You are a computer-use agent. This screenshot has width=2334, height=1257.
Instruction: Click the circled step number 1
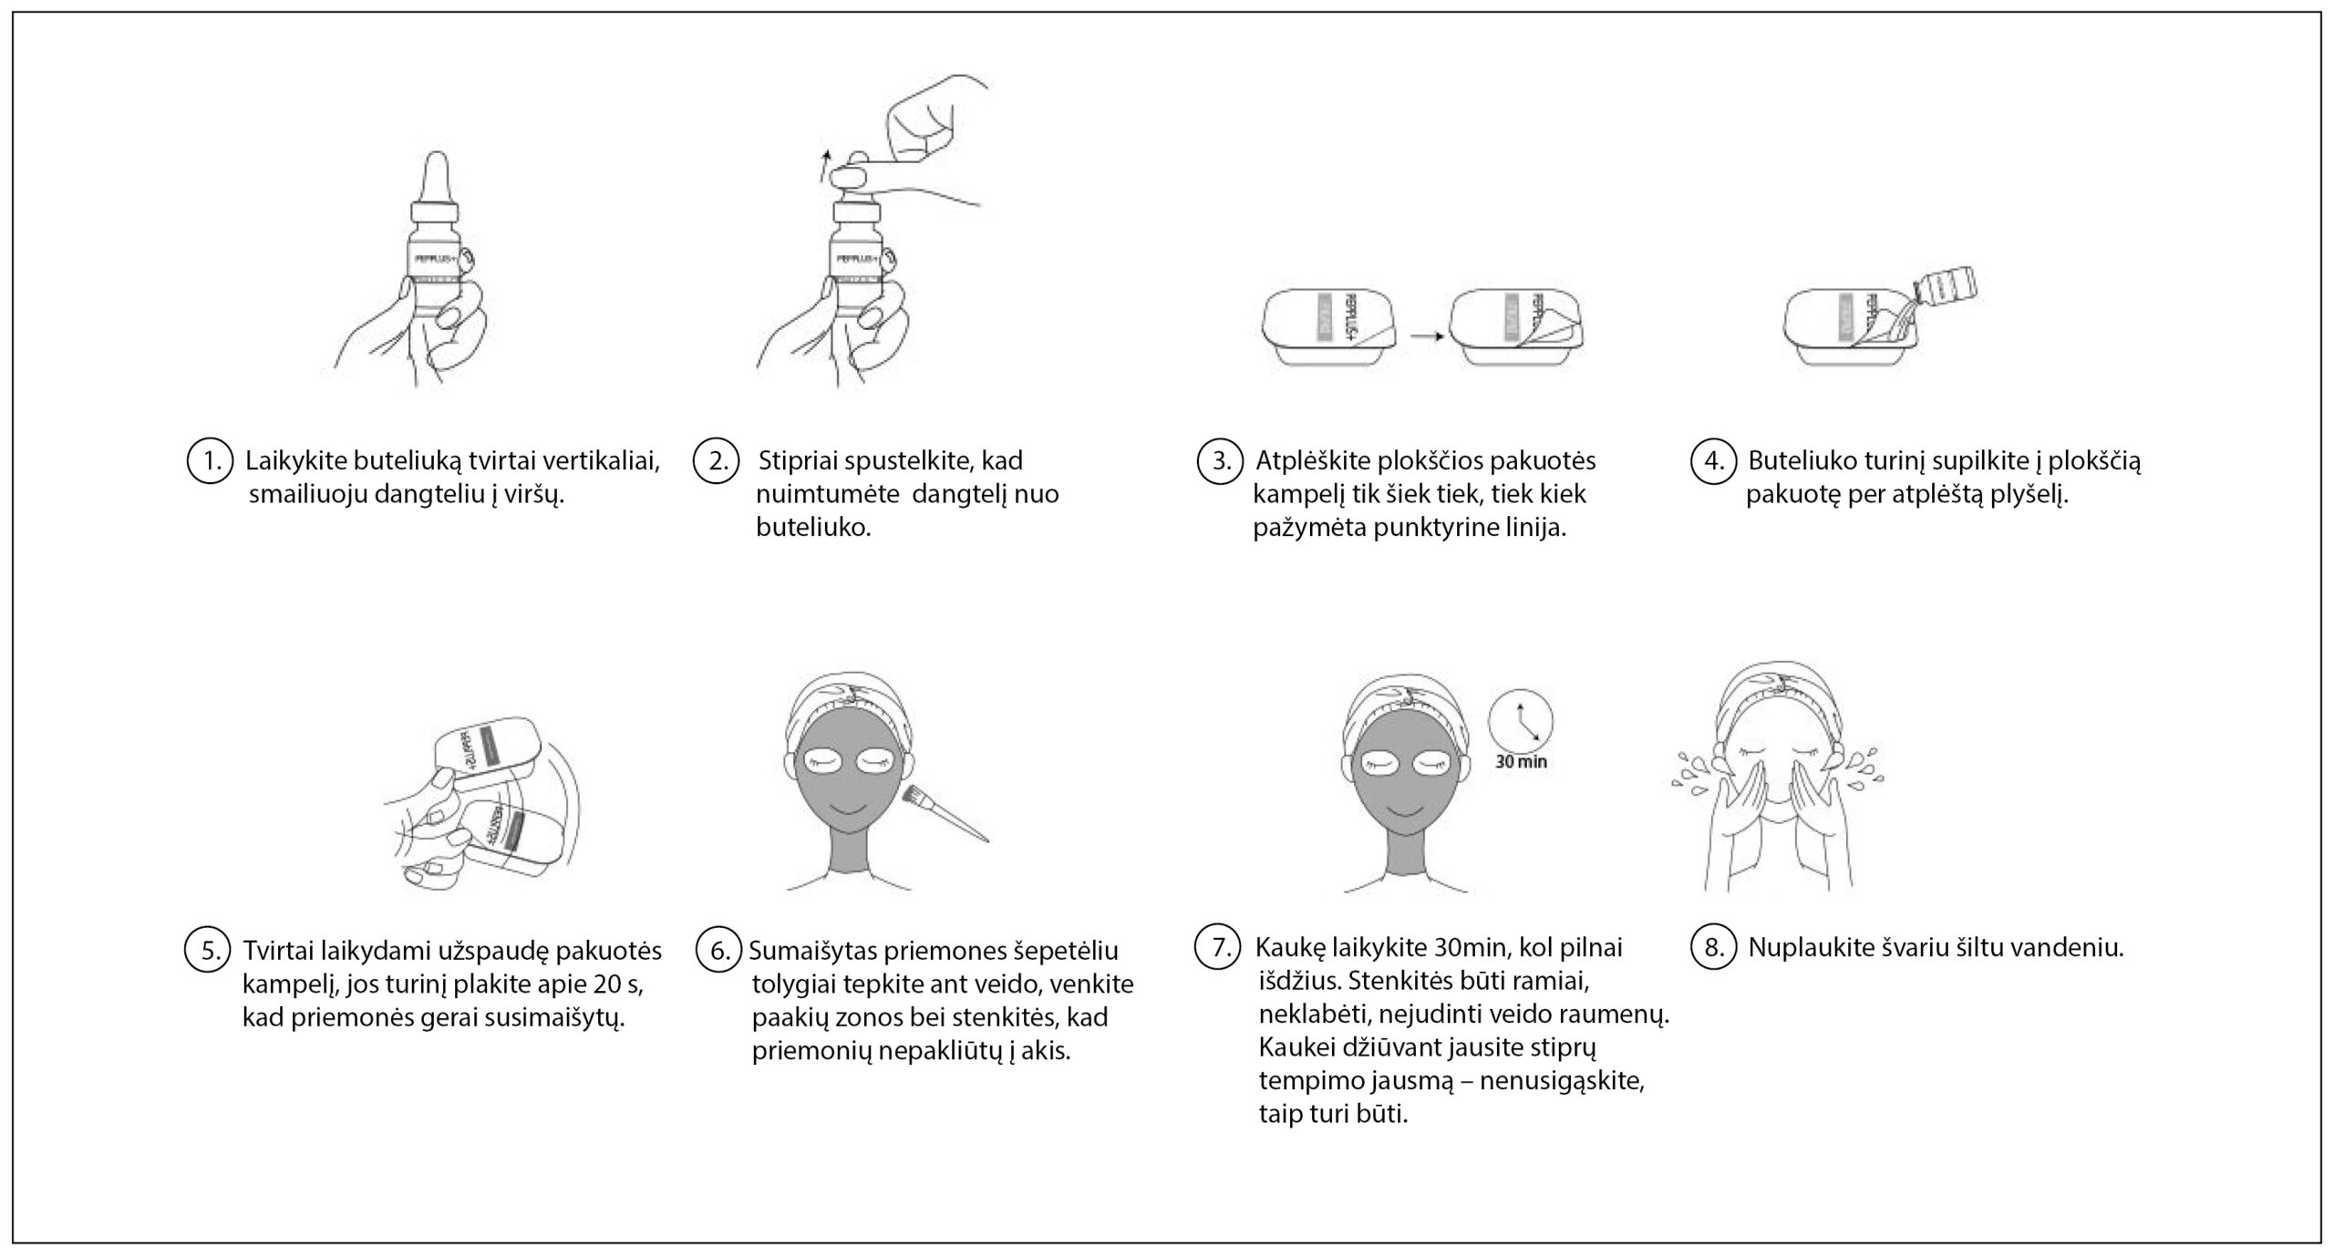[x=212, y=461]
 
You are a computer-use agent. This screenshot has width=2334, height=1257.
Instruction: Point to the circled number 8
[x=1714, y=948]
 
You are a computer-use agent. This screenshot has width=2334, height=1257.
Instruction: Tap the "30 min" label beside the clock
[x=1521, y=762]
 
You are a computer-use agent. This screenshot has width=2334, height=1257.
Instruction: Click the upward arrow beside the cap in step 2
[x=825, y=168]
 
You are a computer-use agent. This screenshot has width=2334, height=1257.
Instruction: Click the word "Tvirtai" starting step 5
[x=279, y=951]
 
